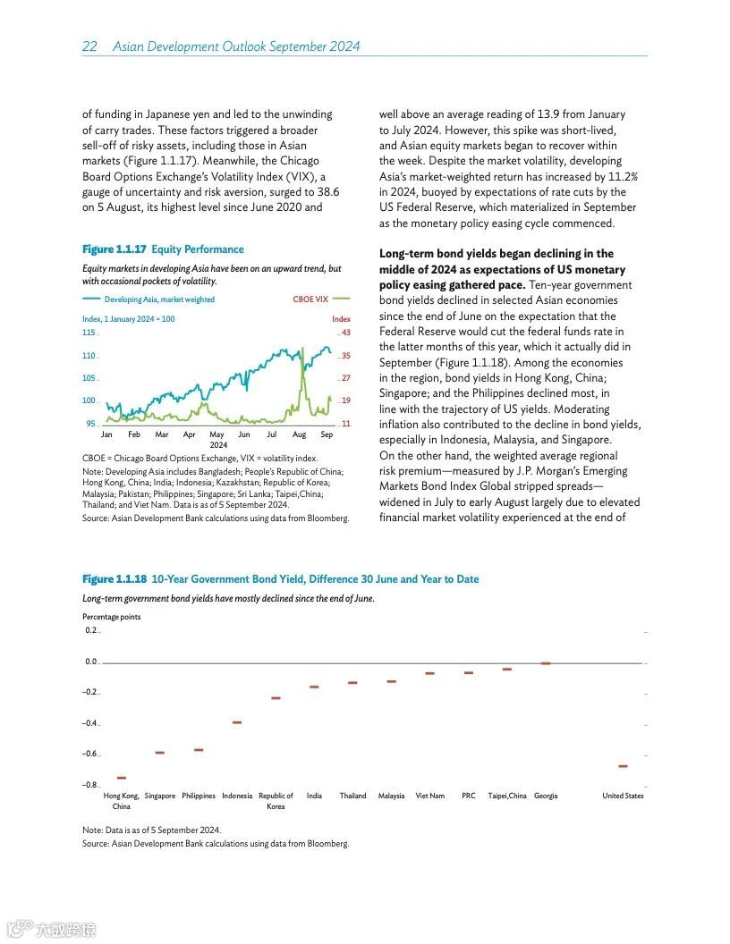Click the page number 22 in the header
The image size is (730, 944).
(x=89, y=46)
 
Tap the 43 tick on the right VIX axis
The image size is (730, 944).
(x=345, y=333)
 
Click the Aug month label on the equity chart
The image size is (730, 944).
(x=299, y=434)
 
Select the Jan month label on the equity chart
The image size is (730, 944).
(x=106, y=434)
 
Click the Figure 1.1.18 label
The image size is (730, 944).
(x=115, y=579)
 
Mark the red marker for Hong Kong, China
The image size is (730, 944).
(x=121, y=779)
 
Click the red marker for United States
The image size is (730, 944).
(x=623, y=766)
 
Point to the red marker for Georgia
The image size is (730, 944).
(x=546, y=663)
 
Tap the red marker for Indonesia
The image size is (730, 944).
(x=237, y=722)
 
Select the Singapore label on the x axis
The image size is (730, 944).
(x=159, y=796)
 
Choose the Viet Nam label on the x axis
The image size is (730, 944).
(x=429, y=796)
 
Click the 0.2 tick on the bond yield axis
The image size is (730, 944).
(x=90, y=630)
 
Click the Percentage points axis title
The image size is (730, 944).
(x=111, y=617)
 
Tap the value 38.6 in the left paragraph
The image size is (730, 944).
(x=327, y=192)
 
